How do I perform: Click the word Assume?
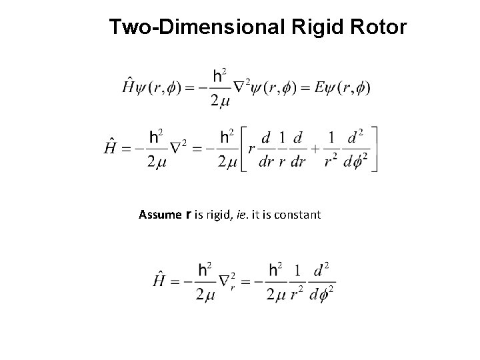[159, 215]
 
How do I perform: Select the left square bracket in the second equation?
[243, 149]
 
